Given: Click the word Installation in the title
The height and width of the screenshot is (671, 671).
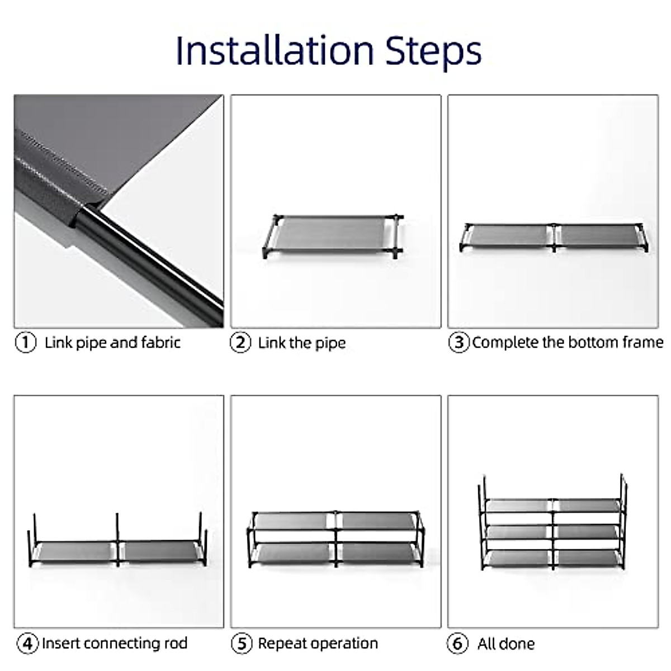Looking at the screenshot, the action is point(274,51).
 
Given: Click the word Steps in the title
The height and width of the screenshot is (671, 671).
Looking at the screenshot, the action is point(433,52).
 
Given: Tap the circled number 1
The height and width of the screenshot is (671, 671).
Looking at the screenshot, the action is point(26,342).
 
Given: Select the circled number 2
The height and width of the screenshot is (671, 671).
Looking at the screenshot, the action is point(240,342).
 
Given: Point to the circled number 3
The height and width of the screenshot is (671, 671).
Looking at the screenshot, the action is point(459,342).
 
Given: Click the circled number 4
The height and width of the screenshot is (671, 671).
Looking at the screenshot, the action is point(27,643).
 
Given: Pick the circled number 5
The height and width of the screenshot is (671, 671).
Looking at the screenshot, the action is point(242,643).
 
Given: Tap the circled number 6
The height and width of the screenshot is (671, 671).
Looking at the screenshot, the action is point(457,643).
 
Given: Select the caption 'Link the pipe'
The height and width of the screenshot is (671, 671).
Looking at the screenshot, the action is point(302,343).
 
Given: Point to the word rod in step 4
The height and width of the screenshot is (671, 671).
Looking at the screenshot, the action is point(175,643).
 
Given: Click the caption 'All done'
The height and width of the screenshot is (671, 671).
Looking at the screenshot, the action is point(505,644).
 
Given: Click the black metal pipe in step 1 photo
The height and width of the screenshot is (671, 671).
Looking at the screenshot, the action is point(151,263).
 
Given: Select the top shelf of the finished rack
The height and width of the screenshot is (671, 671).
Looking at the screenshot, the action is point(554,505).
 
